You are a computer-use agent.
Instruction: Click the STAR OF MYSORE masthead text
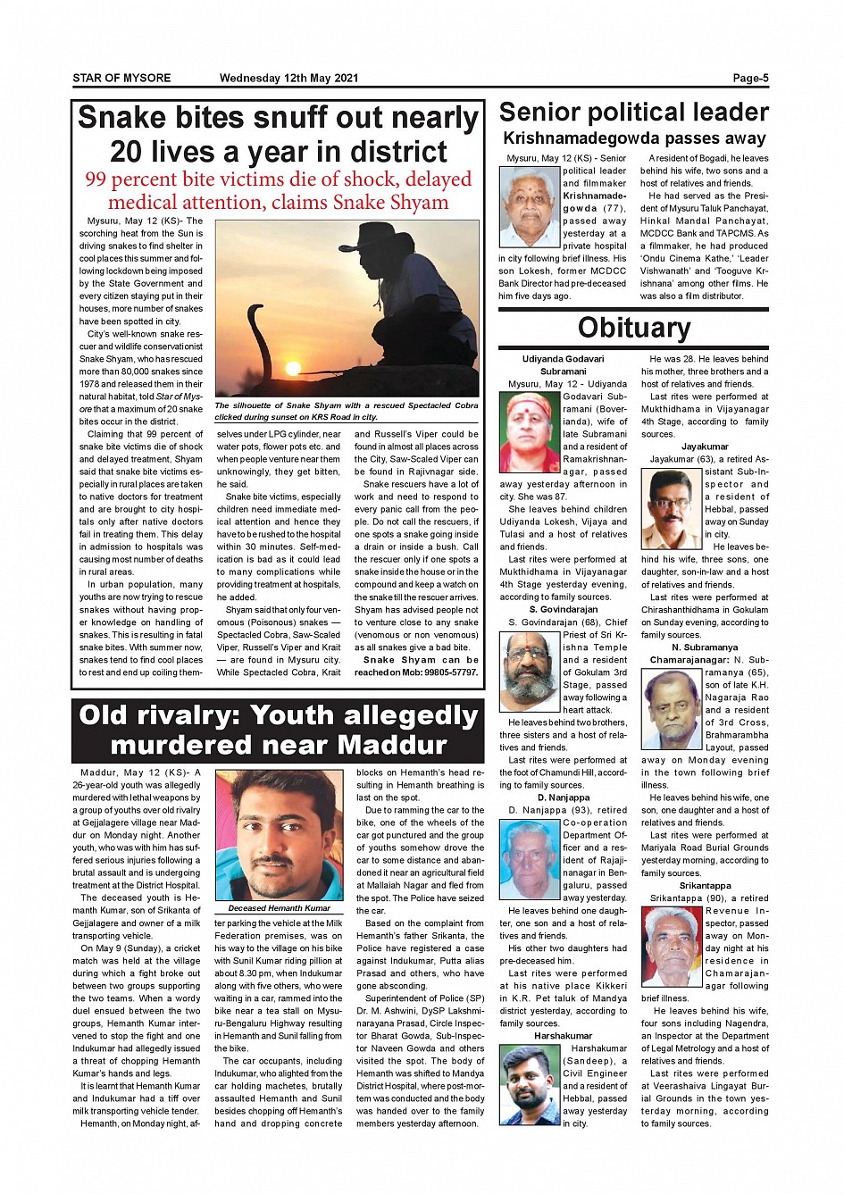pos(121,79)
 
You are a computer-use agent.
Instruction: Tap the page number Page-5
pos(750,79)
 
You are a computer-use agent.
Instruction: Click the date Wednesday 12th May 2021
pos(288,79)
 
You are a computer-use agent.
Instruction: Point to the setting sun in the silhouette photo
pos(292,367)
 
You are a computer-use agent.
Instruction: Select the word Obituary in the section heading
pos(633,328)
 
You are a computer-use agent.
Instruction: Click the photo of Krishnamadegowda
pos(530,206)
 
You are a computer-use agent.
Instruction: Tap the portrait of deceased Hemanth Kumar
pos(279,836)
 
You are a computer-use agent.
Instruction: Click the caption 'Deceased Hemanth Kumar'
pos(279,908)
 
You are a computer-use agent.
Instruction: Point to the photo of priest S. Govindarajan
pos(530,671)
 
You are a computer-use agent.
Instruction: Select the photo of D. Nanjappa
pos(530,862)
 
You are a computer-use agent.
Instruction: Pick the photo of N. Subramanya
pos(671,709)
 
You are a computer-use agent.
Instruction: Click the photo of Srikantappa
pos(671,947)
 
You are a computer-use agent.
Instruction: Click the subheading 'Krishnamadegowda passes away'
pos(634,138)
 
